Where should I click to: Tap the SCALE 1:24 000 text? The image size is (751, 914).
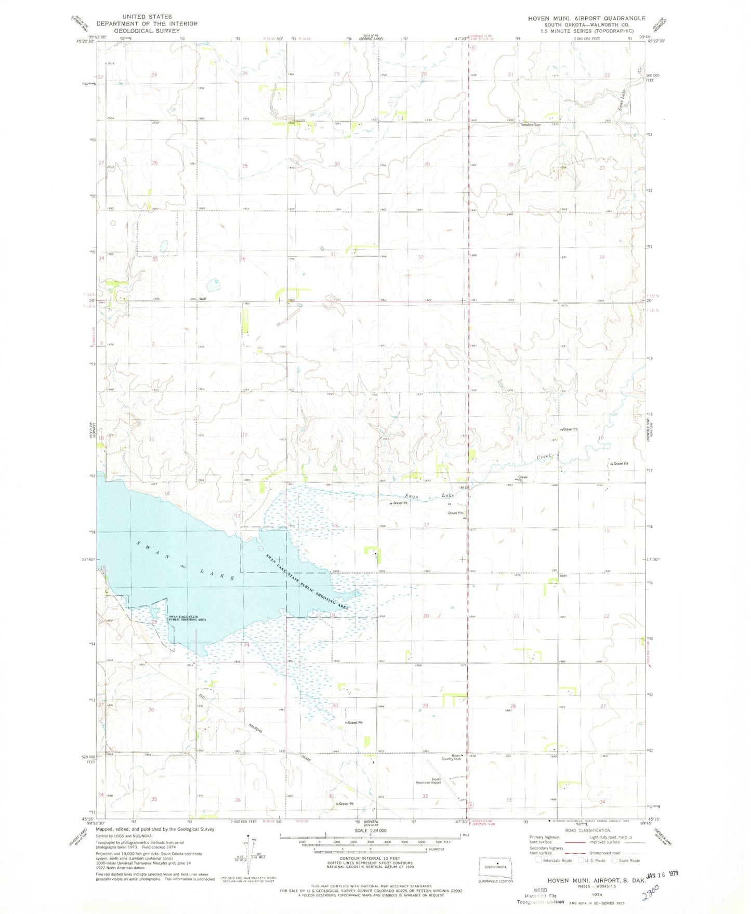coord(370,831)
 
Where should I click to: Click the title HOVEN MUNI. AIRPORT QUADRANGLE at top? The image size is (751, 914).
coord(586,18)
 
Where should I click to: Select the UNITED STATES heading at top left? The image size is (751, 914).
coord(147,17)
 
